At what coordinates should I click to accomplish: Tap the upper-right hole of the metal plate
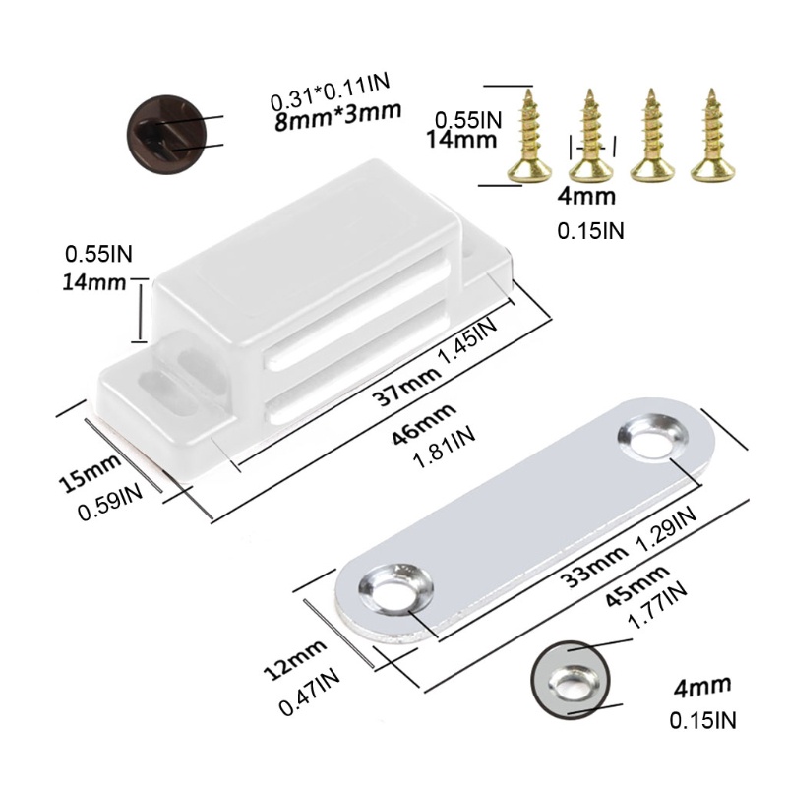pos(650,438)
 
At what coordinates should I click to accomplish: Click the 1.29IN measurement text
pos(666,527)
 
